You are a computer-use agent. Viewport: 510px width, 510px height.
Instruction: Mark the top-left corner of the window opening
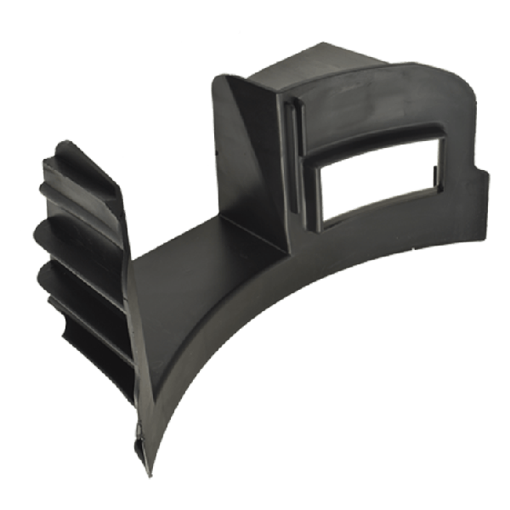click(x=319, y=170)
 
